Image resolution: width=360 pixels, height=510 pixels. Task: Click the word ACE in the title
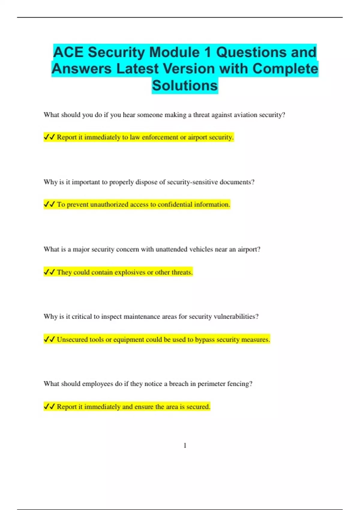coord(68,52)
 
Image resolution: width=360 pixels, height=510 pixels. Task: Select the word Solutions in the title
coord(185,85)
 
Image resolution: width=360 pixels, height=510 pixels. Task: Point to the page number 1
coord(185,445)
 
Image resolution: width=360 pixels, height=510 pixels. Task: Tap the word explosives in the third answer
coord(130,272)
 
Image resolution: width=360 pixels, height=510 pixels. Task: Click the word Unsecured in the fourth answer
coord(72,340)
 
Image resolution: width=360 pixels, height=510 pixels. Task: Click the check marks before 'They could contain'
coord(49,272)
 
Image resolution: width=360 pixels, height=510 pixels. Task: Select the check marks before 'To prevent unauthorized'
coord(49,204)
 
